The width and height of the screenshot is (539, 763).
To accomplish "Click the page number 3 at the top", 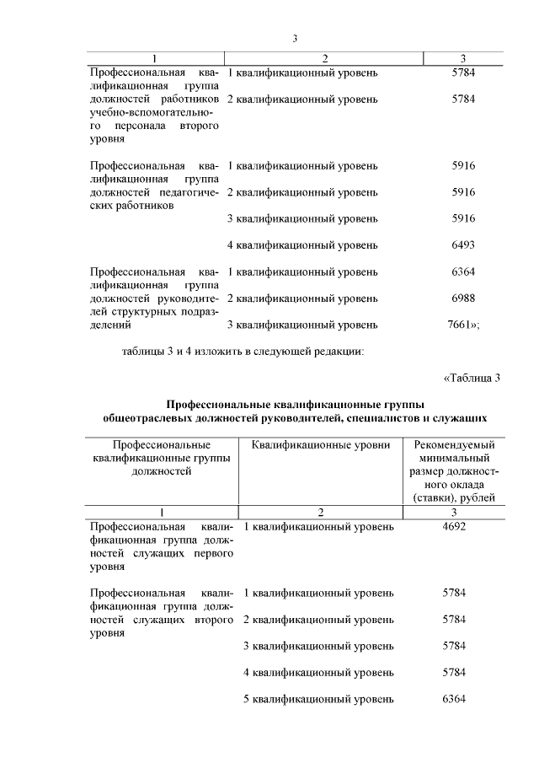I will pos(295,38).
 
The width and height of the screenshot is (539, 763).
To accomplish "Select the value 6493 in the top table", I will pos(463,245).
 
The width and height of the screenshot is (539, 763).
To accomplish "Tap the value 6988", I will pos(463,298).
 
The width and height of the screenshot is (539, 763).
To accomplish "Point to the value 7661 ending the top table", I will pos(462,325).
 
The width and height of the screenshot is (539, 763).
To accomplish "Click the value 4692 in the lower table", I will pos(453,526).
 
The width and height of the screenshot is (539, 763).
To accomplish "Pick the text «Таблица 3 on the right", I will pos(472,378).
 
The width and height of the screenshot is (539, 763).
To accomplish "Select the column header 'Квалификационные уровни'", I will pos(320,444).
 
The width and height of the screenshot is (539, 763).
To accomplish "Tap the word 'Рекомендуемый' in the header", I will pos(454,444).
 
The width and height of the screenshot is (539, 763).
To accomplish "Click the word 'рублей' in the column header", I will pos(488,498).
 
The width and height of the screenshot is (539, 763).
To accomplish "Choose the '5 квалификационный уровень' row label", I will pos(318,699).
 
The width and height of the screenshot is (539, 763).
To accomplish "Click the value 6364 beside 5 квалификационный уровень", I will pos(453,699).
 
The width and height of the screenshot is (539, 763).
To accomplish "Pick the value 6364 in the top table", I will pos(463,272).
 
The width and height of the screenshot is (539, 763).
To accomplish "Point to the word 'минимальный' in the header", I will pos(454,458).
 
